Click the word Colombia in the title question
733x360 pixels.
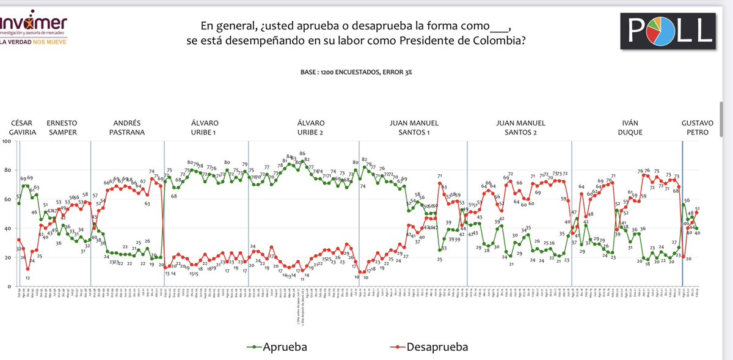click(x=476, y=40)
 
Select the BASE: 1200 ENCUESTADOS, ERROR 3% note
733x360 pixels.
click(x=356, y=72)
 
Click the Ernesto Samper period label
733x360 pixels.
click(x=61, y=127)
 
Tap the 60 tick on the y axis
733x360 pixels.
click(x=7, y=199)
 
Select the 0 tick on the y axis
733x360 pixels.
click(x=9, y=287)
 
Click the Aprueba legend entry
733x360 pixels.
click(x=279, y=347)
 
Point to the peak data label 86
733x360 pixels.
click(x=302, y=153)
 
